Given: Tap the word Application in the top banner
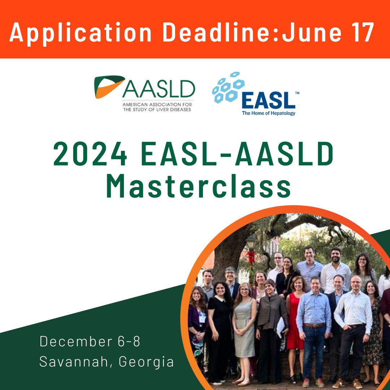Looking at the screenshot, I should tap(81, 32).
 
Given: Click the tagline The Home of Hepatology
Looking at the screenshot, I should tap(268, 113).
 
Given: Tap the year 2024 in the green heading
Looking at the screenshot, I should tap(90, 155).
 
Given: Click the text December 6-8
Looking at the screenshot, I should tap(90, 341).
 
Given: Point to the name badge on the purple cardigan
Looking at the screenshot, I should tap(202, 317).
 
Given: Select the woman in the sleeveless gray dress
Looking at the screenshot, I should tap(244, 325).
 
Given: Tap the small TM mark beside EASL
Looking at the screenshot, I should tap(297, 93).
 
